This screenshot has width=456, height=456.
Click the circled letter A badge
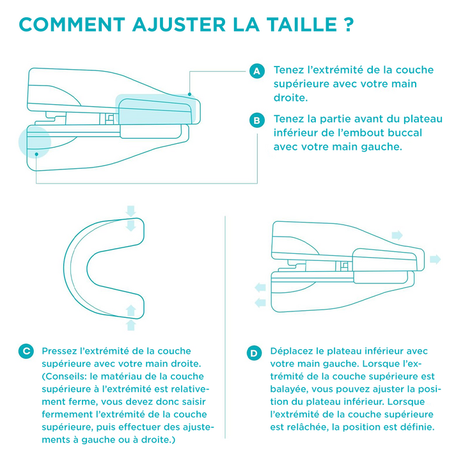point(257,71)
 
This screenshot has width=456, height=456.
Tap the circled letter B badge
point(257,120)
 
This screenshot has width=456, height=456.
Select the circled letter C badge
point(26,351)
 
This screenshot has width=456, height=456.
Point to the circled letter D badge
point(254,353)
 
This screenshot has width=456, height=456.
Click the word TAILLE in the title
point(302,24)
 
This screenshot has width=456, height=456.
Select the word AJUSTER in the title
point(179,24)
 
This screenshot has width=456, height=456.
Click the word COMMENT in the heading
point(72,24)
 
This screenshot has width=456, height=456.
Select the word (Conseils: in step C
point(65,376)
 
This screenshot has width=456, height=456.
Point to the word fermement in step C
point(61,414)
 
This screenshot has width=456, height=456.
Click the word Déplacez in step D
point(292,351)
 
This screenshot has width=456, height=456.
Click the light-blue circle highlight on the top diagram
point(35,142)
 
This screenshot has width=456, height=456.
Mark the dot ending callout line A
point(189,94)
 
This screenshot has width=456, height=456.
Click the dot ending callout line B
point(36,154)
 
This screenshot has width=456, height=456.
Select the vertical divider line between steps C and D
point(225,327)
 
